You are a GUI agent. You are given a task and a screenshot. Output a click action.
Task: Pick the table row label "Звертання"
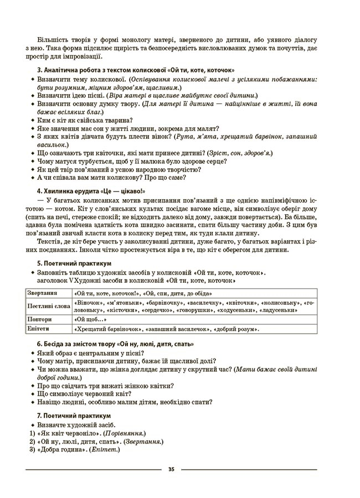[43, 293]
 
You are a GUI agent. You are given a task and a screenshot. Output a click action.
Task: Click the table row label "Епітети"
[38, 329]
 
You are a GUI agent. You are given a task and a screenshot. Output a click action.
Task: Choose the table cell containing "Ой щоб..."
[91, 319]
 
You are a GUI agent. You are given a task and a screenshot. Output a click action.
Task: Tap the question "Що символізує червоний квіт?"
[84, 393]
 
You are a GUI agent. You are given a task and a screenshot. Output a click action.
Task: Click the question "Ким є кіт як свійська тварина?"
[85, 119]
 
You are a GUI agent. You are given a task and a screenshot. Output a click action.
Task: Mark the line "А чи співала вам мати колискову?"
[111, 178]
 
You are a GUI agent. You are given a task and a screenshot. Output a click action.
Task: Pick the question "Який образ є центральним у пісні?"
[89, 353]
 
